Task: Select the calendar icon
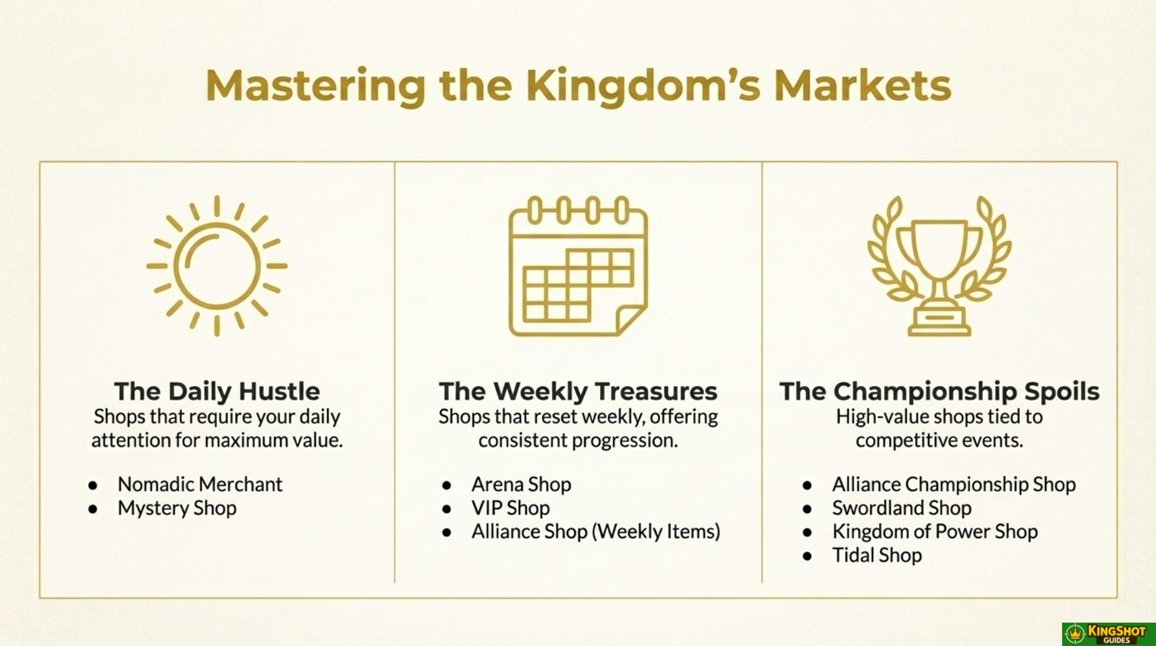click(578, 266)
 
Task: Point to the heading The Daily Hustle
click(217, 391)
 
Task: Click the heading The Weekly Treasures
click(578, 391)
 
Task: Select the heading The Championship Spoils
click(939, 391)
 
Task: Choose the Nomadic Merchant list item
click(200, 484)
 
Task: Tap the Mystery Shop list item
click(177, 508)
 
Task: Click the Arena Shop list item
click(521, 484)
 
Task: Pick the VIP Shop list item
click(511, 508)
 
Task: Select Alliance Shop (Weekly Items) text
click(596, 532)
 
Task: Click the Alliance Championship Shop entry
click(954, 484)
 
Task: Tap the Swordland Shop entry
click(901, 508)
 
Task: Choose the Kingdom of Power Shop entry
click(935, 532)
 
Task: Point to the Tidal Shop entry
click(877, 556)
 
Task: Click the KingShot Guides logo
click(1108, 634)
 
